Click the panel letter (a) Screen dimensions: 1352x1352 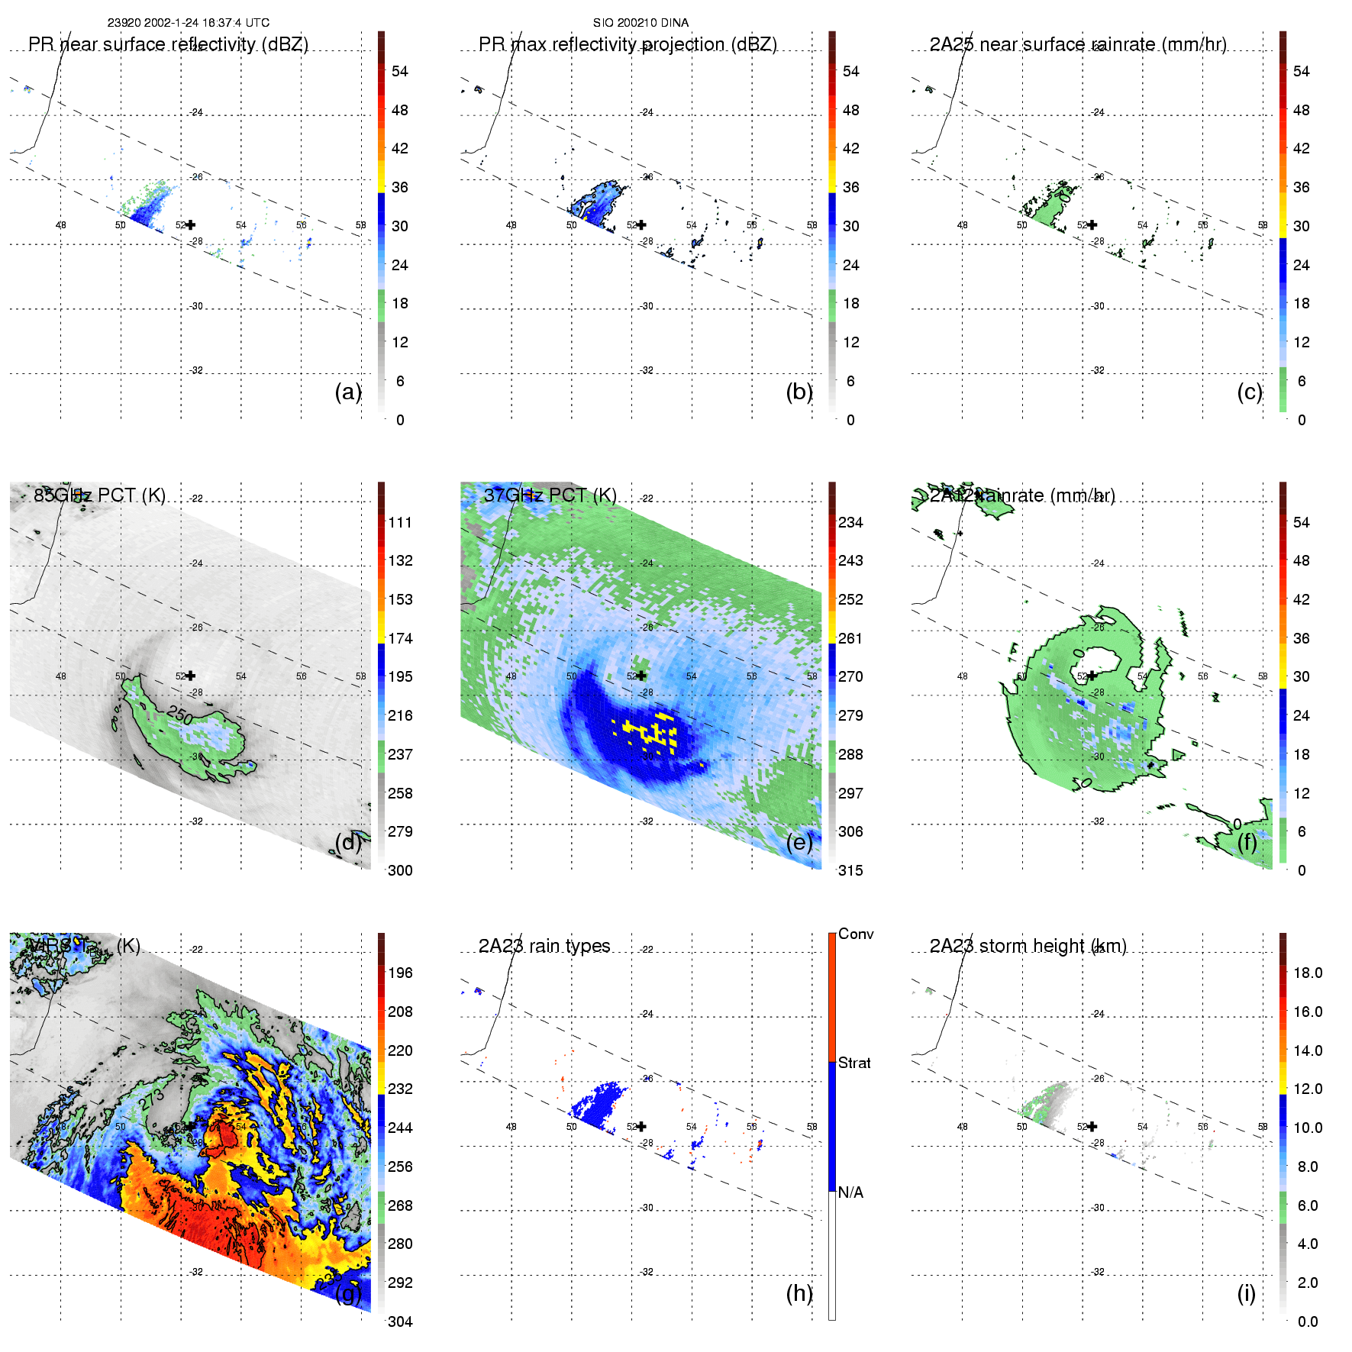pos(347,392)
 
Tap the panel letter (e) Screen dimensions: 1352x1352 pos(799,842)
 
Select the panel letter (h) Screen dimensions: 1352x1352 pos(799,1293)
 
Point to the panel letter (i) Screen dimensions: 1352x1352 pos(1246,1293)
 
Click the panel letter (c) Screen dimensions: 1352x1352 pos(1249,392)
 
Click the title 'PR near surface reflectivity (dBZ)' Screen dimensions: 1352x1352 pos(168,44)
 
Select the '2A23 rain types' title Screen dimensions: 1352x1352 pos(544,946)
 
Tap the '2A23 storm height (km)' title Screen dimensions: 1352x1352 pos(1028,946)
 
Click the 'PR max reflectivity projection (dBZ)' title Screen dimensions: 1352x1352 pos(628,44)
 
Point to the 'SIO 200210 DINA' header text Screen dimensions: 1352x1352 pos(641,23)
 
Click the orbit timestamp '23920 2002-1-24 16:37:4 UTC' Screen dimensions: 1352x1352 pos(188,23)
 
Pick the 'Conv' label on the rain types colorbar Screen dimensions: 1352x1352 pos(856,934)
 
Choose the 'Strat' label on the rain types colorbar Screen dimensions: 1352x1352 pos(854,1063)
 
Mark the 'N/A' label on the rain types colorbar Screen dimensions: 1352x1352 pos(850,1192)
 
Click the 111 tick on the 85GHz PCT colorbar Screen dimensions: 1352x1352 pos(400,522)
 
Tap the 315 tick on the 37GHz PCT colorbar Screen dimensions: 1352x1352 pos(850,870)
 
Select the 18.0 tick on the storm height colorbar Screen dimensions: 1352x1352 pos(1307,973)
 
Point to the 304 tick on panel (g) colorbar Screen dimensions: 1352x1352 pos(400,1321)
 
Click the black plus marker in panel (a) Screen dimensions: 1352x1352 pos(190,224)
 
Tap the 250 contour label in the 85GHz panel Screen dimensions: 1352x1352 pos(181,715)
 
